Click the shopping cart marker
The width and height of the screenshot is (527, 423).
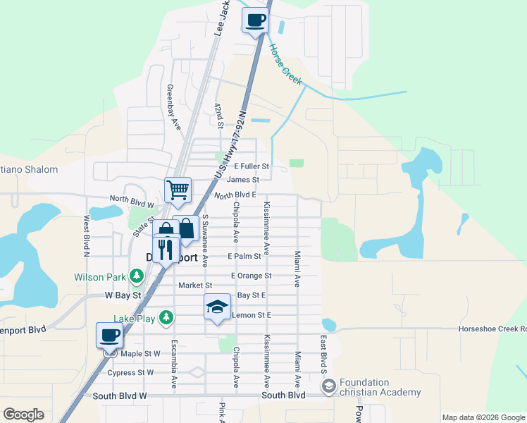click(178, 189)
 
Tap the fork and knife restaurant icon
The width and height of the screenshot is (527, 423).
click(166, 250)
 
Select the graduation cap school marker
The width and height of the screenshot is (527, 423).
click(218, 307)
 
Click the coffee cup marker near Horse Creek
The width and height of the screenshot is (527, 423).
click(255, 20)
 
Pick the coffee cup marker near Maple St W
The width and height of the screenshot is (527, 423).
click(110, 335)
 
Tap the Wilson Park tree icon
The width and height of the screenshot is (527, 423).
click(141, 278)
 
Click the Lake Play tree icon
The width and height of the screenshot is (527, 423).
click(166, 318)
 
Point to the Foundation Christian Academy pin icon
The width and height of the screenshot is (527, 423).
click(328, 386)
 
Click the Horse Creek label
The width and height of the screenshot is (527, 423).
click(285, 65)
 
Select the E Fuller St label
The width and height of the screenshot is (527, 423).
click(252, 166)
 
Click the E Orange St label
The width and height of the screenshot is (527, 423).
click(250, 276)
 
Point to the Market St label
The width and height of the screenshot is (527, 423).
click(190, 286)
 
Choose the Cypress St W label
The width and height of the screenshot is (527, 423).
click(130, 372)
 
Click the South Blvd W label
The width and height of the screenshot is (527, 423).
click(120, 396)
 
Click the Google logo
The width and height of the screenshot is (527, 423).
click(23, 415)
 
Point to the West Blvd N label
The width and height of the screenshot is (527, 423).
click(87, 237)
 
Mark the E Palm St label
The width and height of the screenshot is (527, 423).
click(244, 256)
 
